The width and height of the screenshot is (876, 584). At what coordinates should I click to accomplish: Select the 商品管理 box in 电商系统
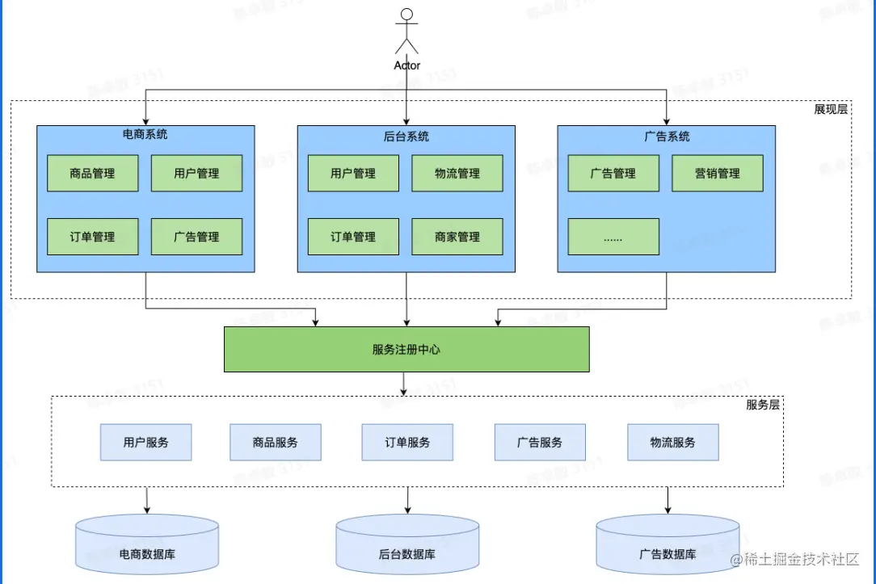click(x=92, y=174)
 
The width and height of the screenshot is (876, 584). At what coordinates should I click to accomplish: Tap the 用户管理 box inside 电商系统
click(x=196, y=174)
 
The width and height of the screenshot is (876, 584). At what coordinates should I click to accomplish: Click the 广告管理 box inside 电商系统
click(x=196, y=237)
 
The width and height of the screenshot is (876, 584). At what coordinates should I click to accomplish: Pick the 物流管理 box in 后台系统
click(x=457, y=174)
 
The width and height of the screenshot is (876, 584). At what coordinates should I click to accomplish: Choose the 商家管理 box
click(x=457, y=237)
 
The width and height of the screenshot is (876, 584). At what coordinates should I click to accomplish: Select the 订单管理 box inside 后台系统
click(x=353, y=237)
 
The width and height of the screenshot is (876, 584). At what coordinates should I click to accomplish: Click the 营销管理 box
click(x=717, y=174)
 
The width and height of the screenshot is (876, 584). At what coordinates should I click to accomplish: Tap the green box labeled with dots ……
click(x=613, y=237)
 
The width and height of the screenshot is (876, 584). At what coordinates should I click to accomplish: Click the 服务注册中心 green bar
click(x=406, y=349)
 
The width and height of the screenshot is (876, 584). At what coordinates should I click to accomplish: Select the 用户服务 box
click(x=146, y=443)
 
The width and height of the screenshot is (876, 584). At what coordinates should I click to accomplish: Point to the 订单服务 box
click(x=407, y=443)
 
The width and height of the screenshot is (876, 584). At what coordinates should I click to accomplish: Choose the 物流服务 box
click(x=672, y=443)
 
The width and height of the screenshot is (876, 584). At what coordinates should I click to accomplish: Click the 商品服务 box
click(x=276, y=443)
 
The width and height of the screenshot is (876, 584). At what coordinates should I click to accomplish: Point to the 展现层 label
click(x=831, y=109)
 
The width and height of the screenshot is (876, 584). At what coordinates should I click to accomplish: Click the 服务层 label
click(x=763, y=405)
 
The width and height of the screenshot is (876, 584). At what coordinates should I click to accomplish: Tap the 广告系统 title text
click(x=667, y=137)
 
